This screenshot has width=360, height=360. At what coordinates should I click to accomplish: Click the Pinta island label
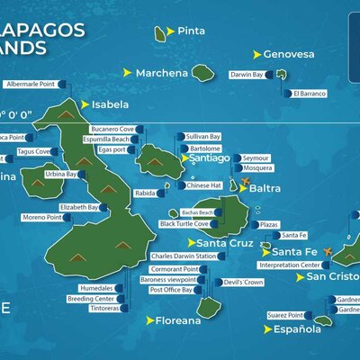tap(192, 31)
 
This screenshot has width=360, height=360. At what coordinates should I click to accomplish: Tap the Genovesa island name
tap(289, 54)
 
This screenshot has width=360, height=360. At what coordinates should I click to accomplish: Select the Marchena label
tap(162, 73)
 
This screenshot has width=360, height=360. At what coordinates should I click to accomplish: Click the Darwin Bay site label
tap(247, 75)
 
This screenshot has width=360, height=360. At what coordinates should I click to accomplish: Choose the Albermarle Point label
tap(30, 84)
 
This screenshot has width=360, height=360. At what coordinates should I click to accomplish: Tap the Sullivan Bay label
tap(202, 137)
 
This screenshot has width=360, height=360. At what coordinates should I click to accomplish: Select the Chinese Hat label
tap(204, 185)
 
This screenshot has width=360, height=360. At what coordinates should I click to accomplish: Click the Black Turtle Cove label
tap(184, 224)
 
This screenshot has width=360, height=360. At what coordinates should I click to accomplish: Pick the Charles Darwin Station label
tap(184, 256)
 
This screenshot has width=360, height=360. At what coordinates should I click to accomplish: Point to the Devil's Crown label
tap(243, 283)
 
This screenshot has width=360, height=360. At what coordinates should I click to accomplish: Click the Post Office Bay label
tap(171, 291)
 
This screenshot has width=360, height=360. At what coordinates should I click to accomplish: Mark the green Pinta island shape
tap(161, 34)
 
